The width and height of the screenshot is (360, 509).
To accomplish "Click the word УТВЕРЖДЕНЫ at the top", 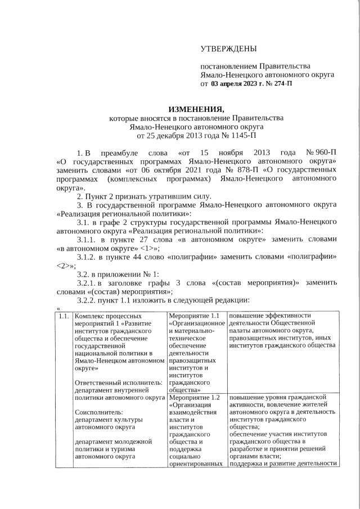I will point(229,49).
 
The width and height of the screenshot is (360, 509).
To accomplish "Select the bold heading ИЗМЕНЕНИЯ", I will point(196,109).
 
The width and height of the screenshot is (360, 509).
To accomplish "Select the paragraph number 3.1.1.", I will point(87,239).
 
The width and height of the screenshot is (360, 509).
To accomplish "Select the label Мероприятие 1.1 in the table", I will point(197,316).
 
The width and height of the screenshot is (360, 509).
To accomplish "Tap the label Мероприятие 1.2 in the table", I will point(197,397).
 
